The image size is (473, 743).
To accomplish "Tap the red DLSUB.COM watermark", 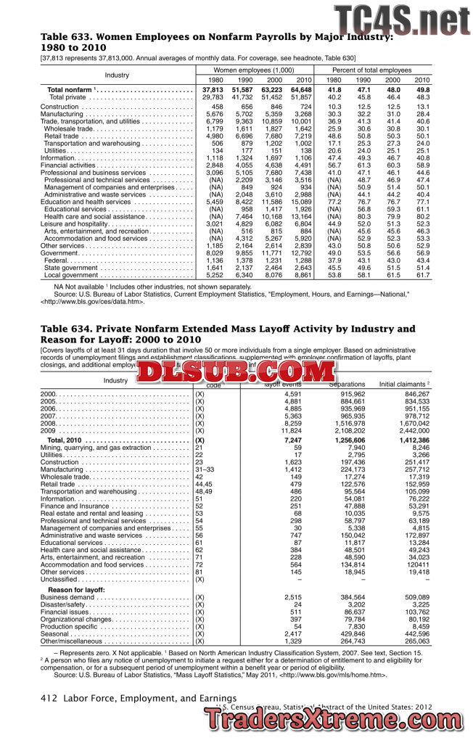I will click(234, 372).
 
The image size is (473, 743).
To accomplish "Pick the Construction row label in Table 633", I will click(59, 107).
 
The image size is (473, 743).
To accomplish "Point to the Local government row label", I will click(71, 276).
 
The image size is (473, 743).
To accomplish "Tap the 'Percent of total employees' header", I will click(377, 69).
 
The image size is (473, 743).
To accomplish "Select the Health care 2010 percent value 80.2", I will click(422, 216).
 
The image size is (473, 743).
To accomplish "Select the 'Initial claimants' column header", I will click(404, 384).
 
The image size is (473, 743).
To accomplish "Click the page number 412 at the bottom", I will click(49, 699).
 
